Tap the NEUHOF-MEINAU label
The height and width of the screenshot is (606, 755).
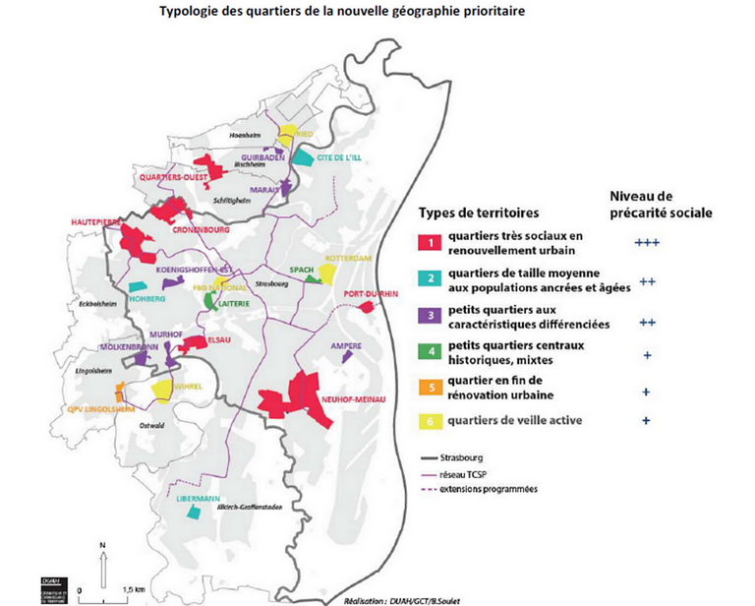point(350,399)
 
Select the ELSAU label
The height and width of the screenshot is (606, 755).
point(219,343)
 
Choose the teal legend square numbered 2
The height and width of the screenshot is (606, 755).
point(430,278)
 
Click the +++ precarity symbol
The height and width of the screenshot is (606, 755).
point(646,240)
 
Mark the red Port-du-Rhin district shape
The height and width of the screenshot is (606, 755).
point(367,307)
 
